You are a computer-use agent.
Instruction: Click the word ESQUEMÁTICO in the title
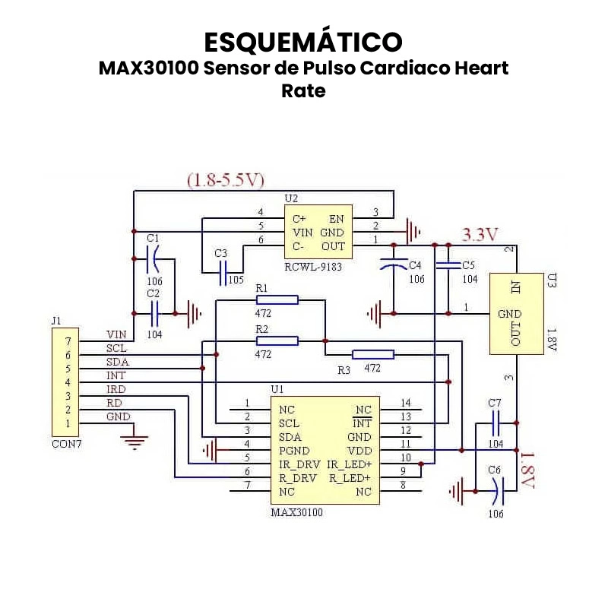pyautogui.click(x=303, y=41)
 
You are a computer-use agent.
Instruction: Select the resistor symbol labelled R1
pyautogui.click(x=277, y=300)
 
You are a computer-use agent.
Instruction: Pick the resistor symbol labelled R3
pyautogui.click(x=373, y=354)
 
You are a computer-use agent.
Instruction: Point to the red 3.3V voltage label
pyautogui.click(x=480, y=234)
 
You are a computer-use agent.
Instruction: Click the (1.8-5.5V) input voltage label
pyautogui.click(x=226, y=180)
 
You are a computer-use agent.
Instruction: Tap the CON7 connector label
pyautogui.click(x=66, y=444)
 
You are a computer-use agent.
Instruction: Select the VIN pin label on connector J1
pyautogui.click(x=116, y=334)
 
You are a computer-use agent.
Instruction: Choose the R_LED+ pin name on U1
pyautogui.click(x=350, y=478)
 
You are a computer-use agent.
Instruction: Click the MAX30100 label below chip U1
pyautogui.click(x=297, y=512)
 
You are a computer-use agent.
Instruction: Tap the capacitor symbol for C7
pyautogui.click(x=496, y=423)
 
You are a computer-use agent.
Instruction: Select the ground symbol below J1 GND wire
pyautogui.click(x=135, y=441)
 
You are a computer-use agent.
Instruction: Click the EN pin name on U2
pyautogui.click(x=337, y=219)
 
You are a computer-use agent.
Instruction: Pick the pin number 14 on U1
pyautogui.click(x=405, y=403)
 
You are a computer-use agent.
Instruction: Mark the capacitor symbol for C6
pyautogui.click(x=496, y=492)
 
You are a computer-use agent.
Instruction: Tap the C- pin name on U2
pyautogui.click(x=299, y=246)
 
